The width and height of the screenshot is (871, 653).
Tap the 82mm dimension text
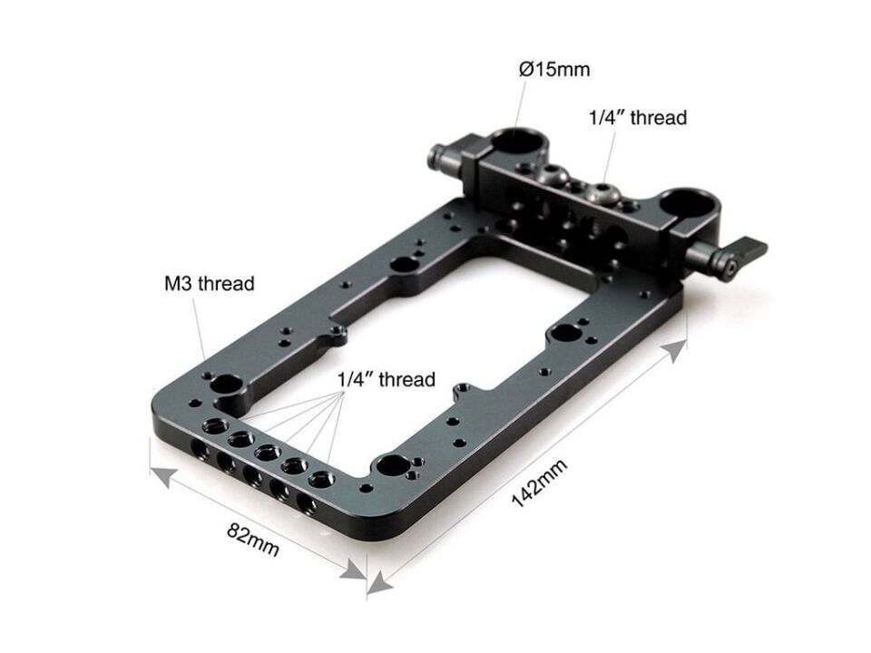252,539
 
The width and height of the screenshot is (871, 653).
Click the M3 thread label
210,283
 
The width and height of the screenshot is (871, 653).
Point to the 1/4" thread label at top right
638,117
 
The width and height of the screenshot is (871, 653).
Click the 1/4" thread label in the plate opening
387,379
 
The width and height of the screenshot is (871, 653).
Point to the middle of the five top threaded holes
266,452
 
